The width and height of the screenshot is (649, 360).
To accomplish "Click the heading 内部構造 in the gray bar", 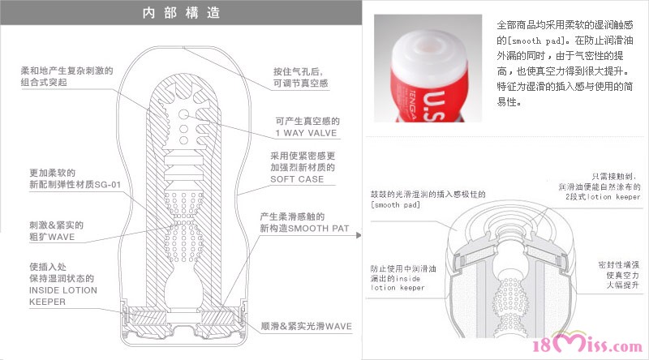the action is (181, 13).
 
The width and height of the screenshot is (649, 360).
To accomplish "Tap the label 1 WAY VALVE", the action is (306, 133).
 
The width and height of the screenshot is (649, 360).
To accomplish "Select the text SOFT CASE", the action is (297, 179).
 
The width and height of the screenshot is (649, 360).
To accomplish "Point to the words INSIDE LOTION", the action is (63, 290).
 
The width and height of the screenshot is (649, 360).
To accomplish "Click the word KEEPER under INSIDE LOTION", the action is (47, 302).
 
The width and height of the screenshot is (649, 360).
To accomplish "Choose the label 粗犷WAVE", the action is (52, 237).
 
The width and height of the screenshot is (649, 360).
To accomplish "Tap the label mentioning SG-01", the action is (75, 185).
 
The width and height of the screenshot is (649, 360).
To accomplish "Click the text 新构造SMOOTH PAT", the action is (304, 229).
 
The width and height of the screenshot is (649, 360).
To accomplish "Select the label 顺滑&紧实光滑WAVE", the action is (307, 327).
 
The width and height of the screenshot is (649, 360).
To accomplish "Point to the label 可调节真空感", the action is (300, 84).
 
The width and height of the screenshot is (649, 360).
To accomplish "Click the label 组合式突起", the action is (44, 83).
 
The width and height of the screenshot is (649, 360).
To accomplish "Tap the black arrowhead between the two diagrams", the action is (359, 235).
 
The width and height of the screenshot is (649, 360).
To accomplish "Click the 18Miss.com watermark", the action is (587, 345).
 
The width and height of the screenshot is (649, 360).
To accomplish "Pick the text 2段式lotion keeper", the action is (603, 197).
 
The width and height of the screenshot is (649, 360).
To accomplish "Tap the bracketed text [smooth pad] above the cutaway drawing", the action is (395, 205).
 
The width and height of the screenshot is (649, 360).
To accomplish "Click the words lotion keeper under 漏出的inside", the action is (398, 288).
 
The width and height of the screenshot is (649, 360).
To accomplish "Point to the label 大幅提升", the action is (623, 285).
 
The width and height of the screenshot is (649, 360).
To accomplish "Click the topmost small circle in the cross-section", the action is (183, 114).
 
